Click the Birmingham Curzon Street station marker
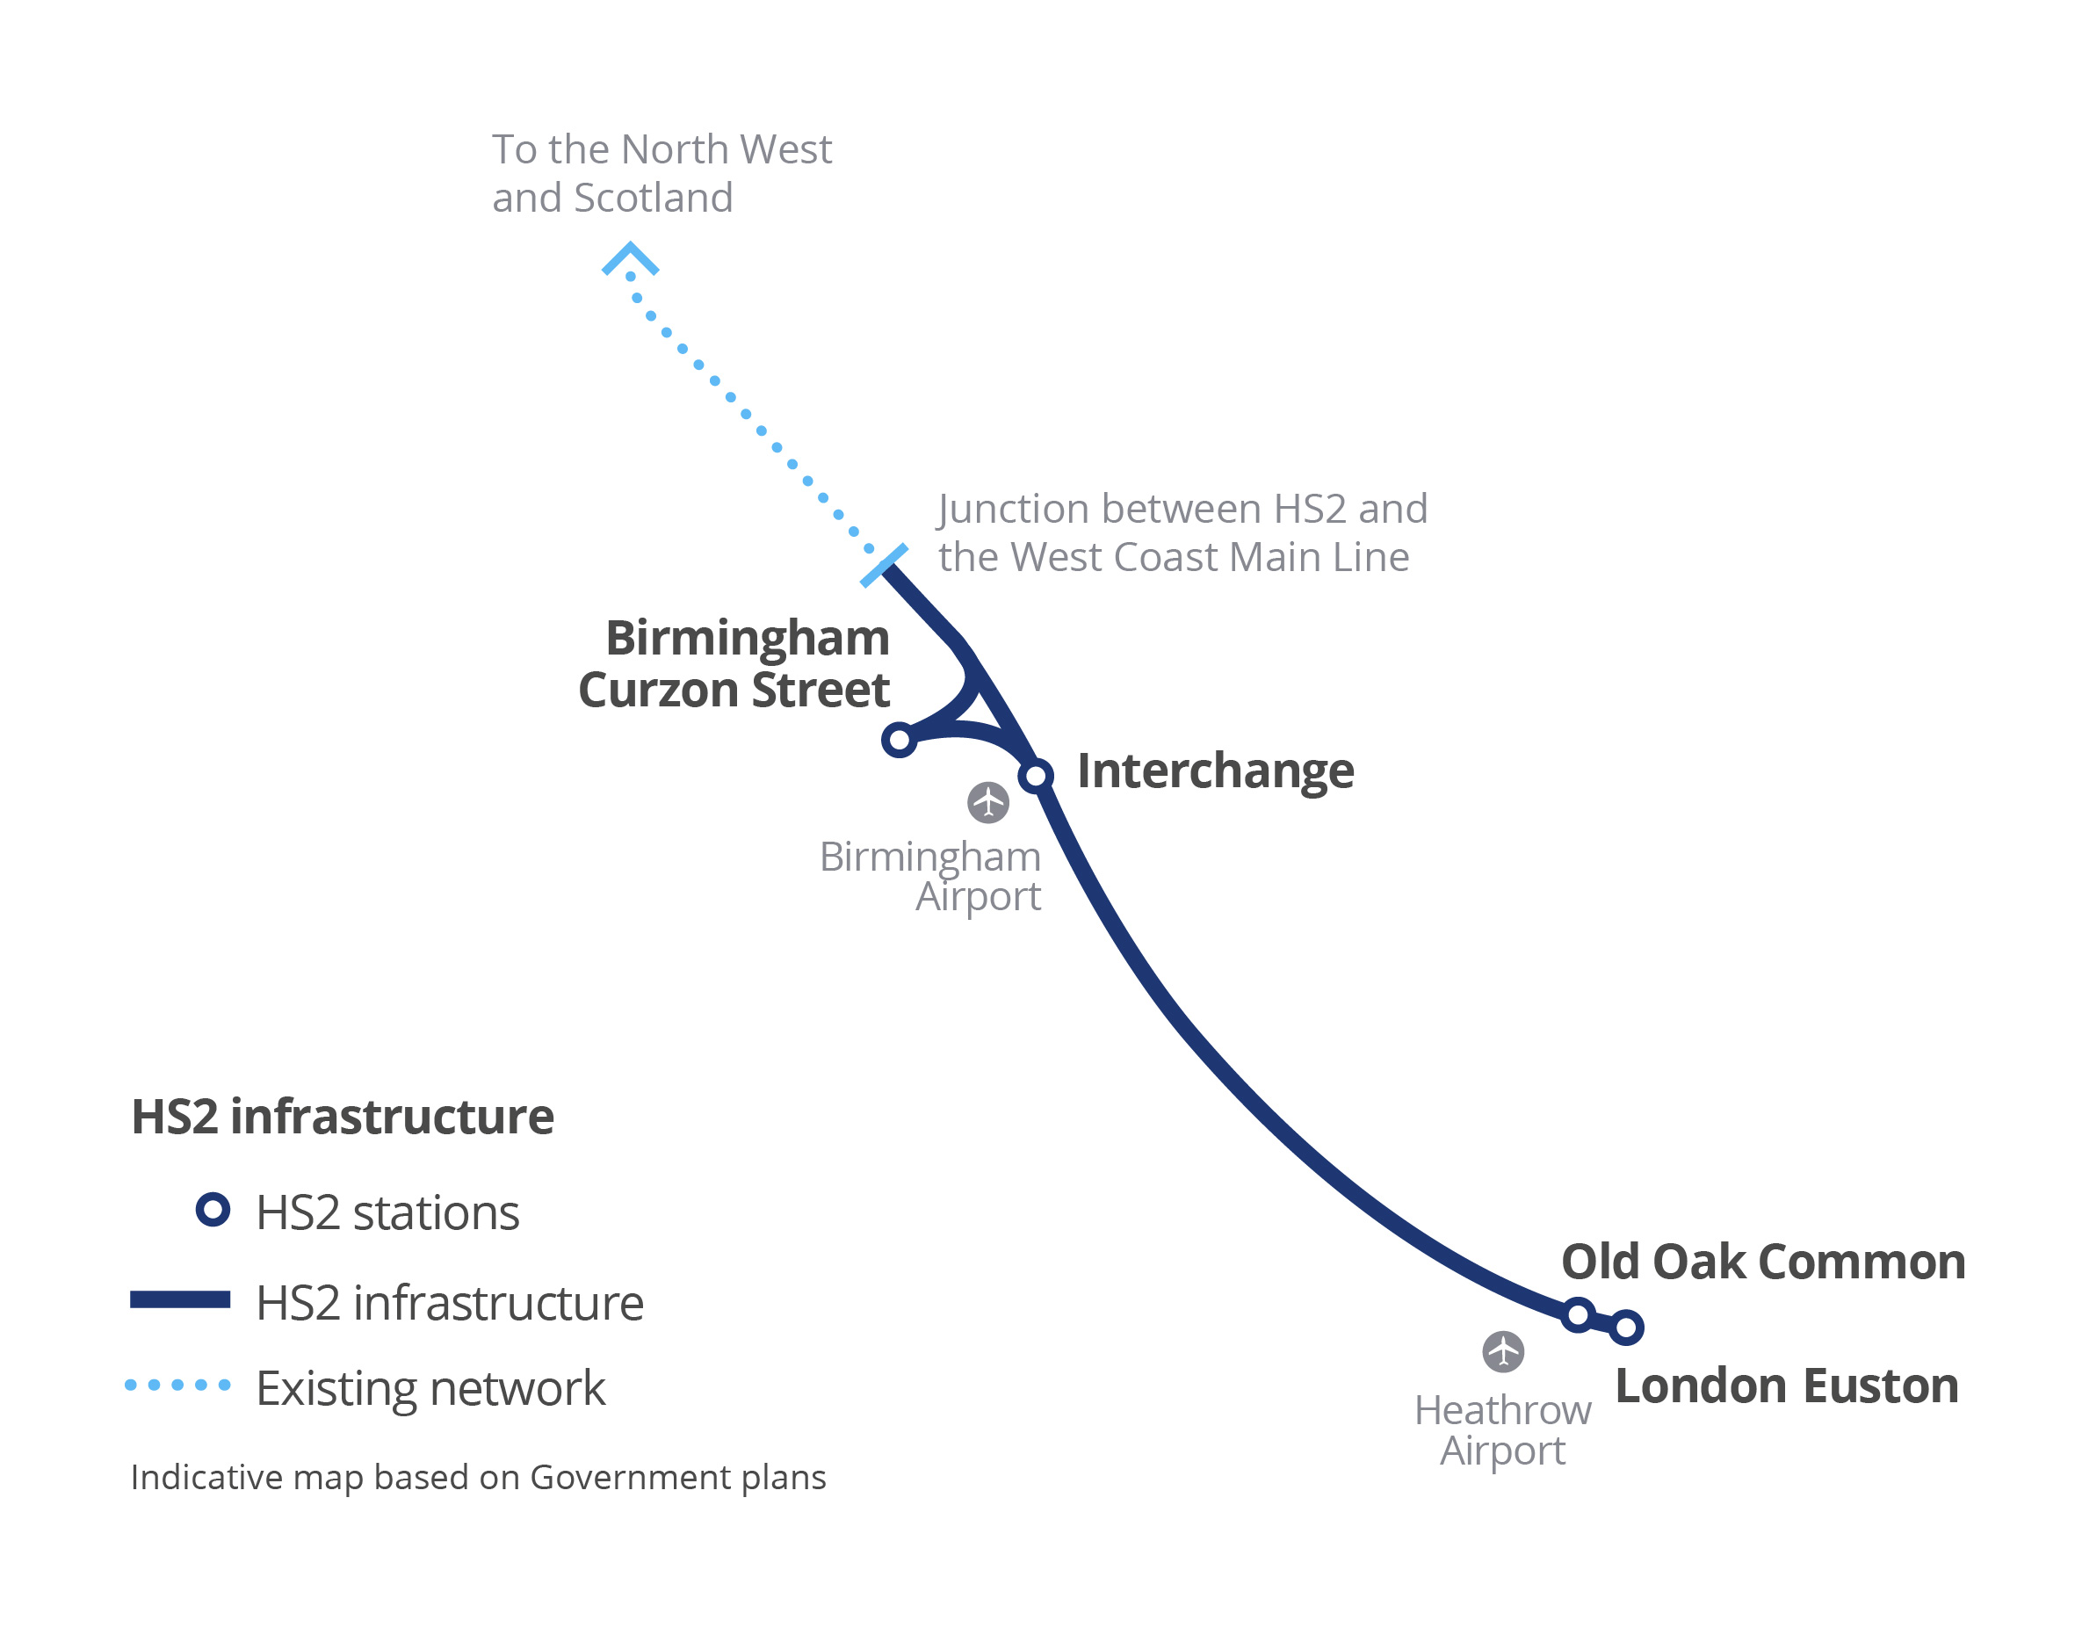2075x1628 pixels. (x=899, y=740)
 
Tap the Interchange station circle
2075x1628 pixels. (x=1036, y=776)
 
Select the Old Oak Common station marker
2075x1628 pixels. (x=1579, y=1315)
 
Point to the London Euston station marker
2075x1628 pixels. (x=1626, y=1327)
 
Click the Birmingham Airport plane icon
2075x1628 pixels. (x=988, y=802)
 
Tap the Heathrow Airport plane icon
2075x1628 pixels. (x=1503, y=1351)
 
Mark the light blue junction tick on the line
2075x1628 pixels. (x=885, y=565)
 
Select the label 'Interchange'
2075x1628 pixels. (x=1215, y=771)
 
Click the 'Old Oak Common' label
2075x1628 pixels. (x=1763, y=1261)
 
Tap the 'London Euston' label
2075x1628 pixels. (x=1787, y=1385)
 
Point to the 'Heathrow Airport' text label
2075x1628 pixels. (x=1502, y=1429)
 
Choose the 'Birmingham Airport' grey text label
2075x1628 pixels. (x=930, y=876)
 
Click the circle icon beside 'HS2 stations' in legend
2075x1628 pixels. (x=213, y=1210)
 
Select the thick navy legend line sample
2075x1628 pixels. (x=180, y=1300)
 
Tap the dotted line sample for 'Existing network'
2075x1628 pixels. (x=178, y=1385)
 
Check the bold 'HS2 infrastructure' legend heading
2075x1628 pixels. (x=343, y=1116)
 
